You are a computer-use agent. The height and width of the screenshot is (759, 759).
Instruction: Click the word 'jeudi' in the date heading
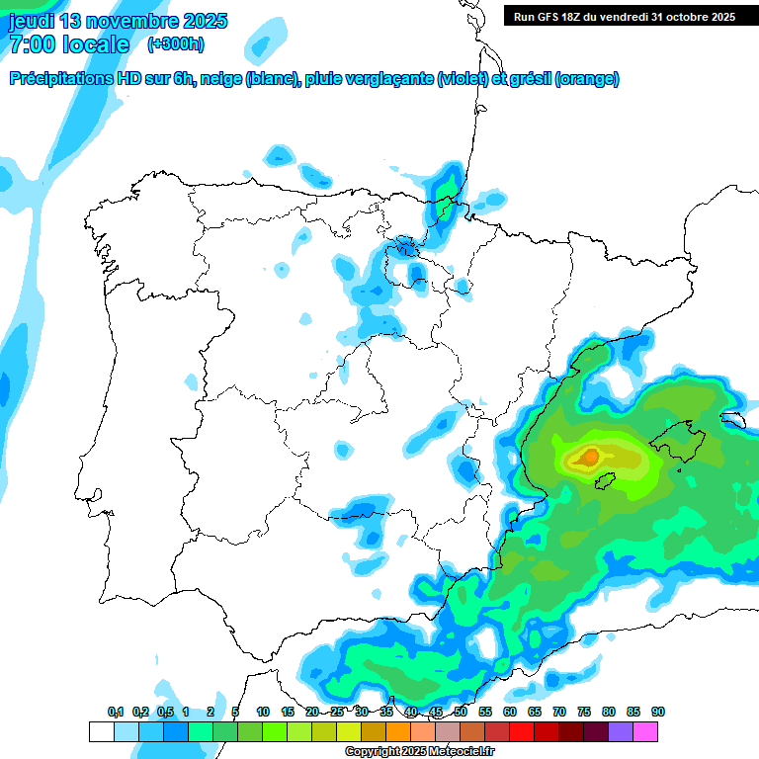coord(32,21)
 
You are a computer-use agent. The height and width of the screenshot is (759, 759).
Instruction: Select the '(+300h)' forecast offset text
coord(176,44)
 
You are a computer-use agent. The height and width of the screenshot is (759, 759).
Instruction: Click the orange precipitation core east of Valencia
coord(589,457)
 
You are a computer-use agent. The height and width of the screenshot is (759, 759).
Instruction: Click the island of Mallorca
coord(675,434)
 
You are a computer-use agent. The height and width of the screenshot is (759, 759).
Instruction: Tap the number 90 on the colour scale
coord(657,712)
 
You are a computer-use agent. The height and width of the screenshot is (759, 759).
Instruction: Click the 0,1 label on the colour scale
coord(116,712)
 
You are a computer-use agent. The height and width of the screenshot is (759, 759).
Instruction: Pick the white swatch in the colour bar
coord(101,731)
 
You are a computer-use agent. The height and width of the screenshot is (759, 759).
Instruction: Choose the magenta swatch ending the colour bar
coord(645,731)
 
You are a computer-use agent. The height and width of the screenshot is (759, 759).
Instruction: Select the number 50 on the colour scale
coord(461,712)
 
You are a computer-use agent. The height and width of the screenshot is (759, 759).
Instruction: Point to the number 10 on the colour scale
coord(263,712)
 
